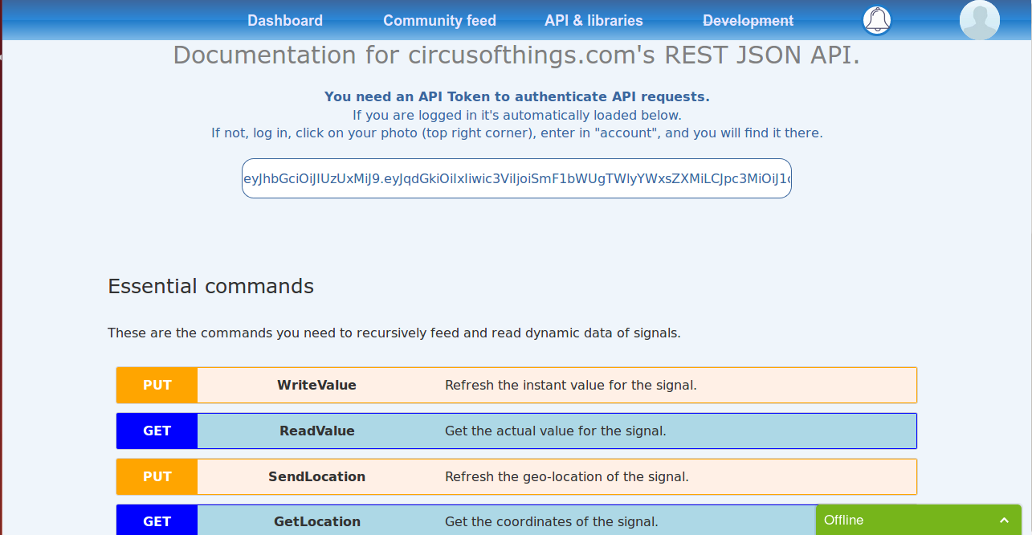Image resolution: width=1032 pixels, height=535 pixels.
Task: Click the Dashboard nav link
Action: (x=285, y=21)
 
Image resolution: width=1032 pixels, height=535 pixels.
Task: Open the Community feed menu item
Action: (x=439, y=21)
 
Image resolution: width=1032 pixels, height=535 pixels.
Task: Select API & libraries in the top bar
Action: (x=594, y=21)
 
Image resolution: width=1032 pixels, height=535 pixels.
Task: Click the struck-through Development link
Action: (x=748, y=21)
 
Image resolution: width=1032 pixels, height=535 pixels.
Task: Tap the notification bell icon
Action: (x=877, y=20)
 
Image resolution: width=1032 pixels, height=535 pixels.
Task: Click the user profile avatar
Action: (x=980, y=20)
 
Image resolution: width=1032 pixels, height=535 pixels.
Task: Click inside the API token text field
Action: (x=516, y=178)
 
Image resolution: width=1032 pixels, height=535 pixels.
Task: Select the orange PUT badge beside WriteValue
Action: (x=157, y=386)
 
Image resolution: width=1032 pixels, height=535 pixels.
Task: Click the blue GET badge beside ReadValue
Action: (x=157, y=431)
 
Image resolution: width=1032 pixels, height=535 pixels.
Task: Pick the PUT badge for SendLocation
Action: (x=157, y=476)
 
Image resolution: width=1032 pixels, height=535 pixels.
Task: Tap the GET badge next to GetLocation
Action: (x=157, y=521)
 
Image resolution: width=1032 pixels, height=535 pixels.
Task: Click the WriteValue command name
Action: (x=316, y=386)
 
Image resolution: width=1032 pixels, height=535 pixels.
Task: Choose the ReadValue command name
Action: (x=317, y=431)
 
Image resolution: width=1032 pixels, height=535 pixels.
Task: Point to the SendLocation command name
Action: (x=317, y=476)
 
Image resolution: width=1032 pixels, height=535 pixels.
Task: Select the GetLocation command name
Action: (x=317, y=521)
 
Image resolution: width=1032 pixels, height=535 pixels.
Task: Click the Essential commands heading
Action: (x=210, y=286)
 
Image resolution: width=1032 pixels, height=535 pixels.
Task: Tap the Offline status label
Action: (x=843, y=521)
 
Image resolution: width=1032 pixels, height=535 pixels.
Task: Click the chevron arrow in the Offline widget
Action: (x=1005, y=521)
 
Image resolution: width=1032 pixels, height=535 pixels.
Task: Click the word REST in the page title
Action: (x=695, y=55)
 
